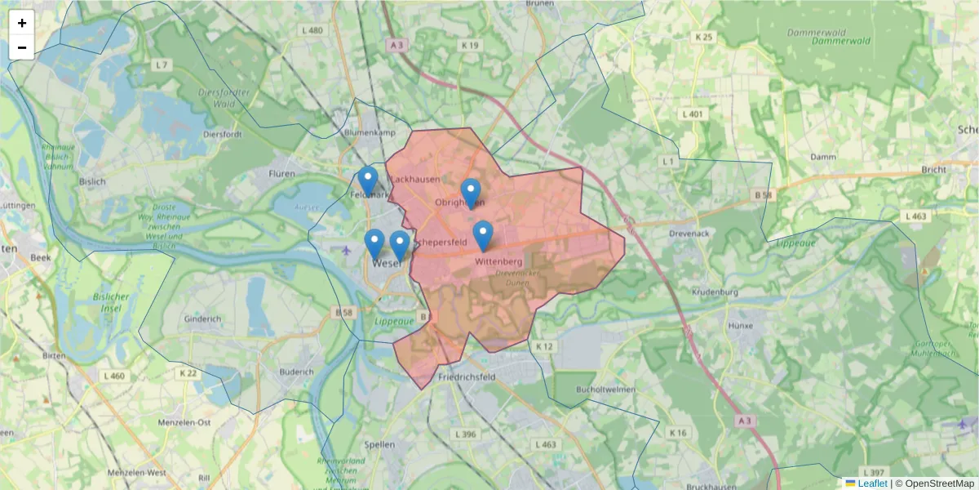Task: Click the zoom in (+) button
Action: click(22, 23)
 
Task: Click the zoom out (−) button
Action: click(22, 47)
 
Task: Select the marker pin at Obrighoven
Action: click(471, 193)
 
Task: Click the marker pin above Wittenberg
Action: click(483, 235)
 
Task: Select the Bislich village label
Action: click(92, 181)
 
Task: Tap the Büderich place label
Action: click(296, 372)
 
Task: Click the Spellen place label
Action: click(380, 444)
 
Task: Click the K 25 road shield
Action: click(703, 38)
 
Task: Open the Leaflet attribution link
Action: click(872, 483)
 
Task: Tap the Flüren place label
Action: click(281, 173)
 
